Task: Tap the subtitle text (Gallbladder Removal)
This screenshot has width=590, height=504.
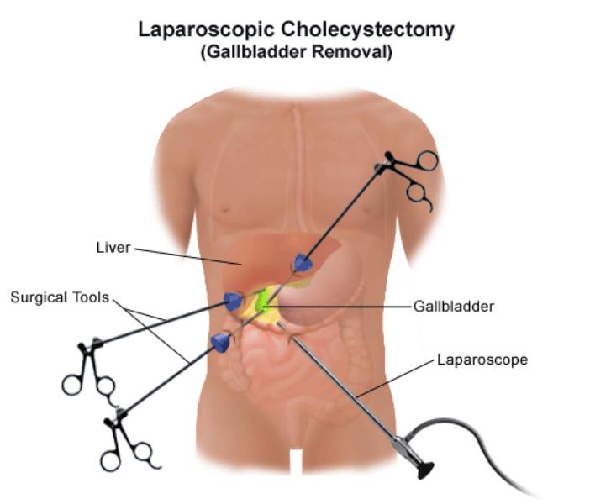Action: (295, 51)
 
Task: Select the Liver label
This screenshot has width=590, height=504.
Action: (113, 248)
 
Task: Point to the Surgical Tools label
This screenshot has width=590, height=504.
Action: (59, 297)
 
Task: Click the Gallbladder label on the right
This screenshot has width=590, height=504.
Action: (453, 306)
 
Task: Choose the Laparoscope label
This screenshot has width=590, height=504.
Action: (482, 360)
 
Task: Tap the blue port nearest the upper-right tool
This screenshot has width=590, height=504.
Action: (303, 263)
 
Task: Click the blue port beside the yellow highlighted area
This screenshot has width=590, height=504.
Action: (234, 300)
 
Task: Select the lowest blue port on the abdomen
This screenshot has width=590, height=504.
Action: (220, 340)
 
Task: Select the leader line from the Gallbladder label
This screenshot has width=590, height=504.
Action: (345, 307)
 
